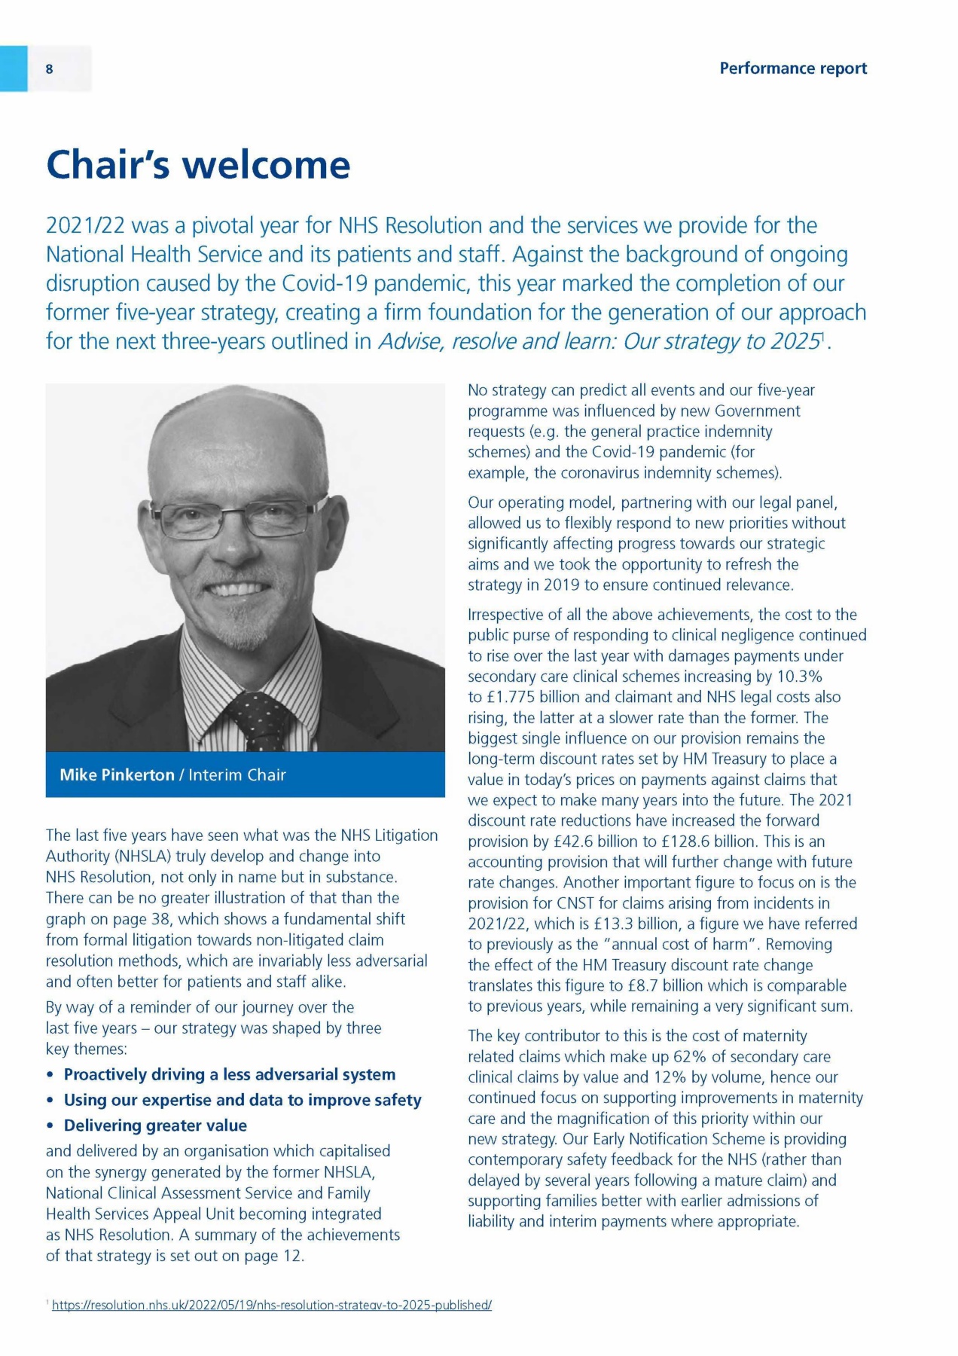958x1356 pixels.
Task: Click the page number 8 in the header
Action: [50, 69]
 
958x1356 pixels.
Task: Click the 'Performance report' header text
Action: [792, 69]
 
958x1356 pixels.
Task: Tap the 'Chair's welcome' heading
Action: [198, 165]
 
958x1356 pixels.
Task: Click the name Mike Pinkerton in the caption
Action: [117, 774]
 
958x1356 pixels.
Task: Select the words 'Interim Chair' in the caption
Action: [237, 774]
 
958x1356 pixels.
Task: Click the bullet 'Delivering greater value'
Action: [155, 1125]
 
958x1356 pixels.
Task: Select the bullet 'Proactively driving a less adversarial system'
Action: [229, 1074]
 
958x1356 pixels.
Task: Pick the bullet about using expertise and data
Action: [242, 1100]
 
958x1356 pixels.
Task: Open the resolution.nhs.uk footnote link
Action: [271, 1305]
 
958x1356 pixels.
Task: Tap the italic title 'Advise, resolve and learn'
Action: [496, 342]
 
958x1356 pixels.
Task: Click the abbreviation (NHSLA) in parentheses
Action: [145, 857]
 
